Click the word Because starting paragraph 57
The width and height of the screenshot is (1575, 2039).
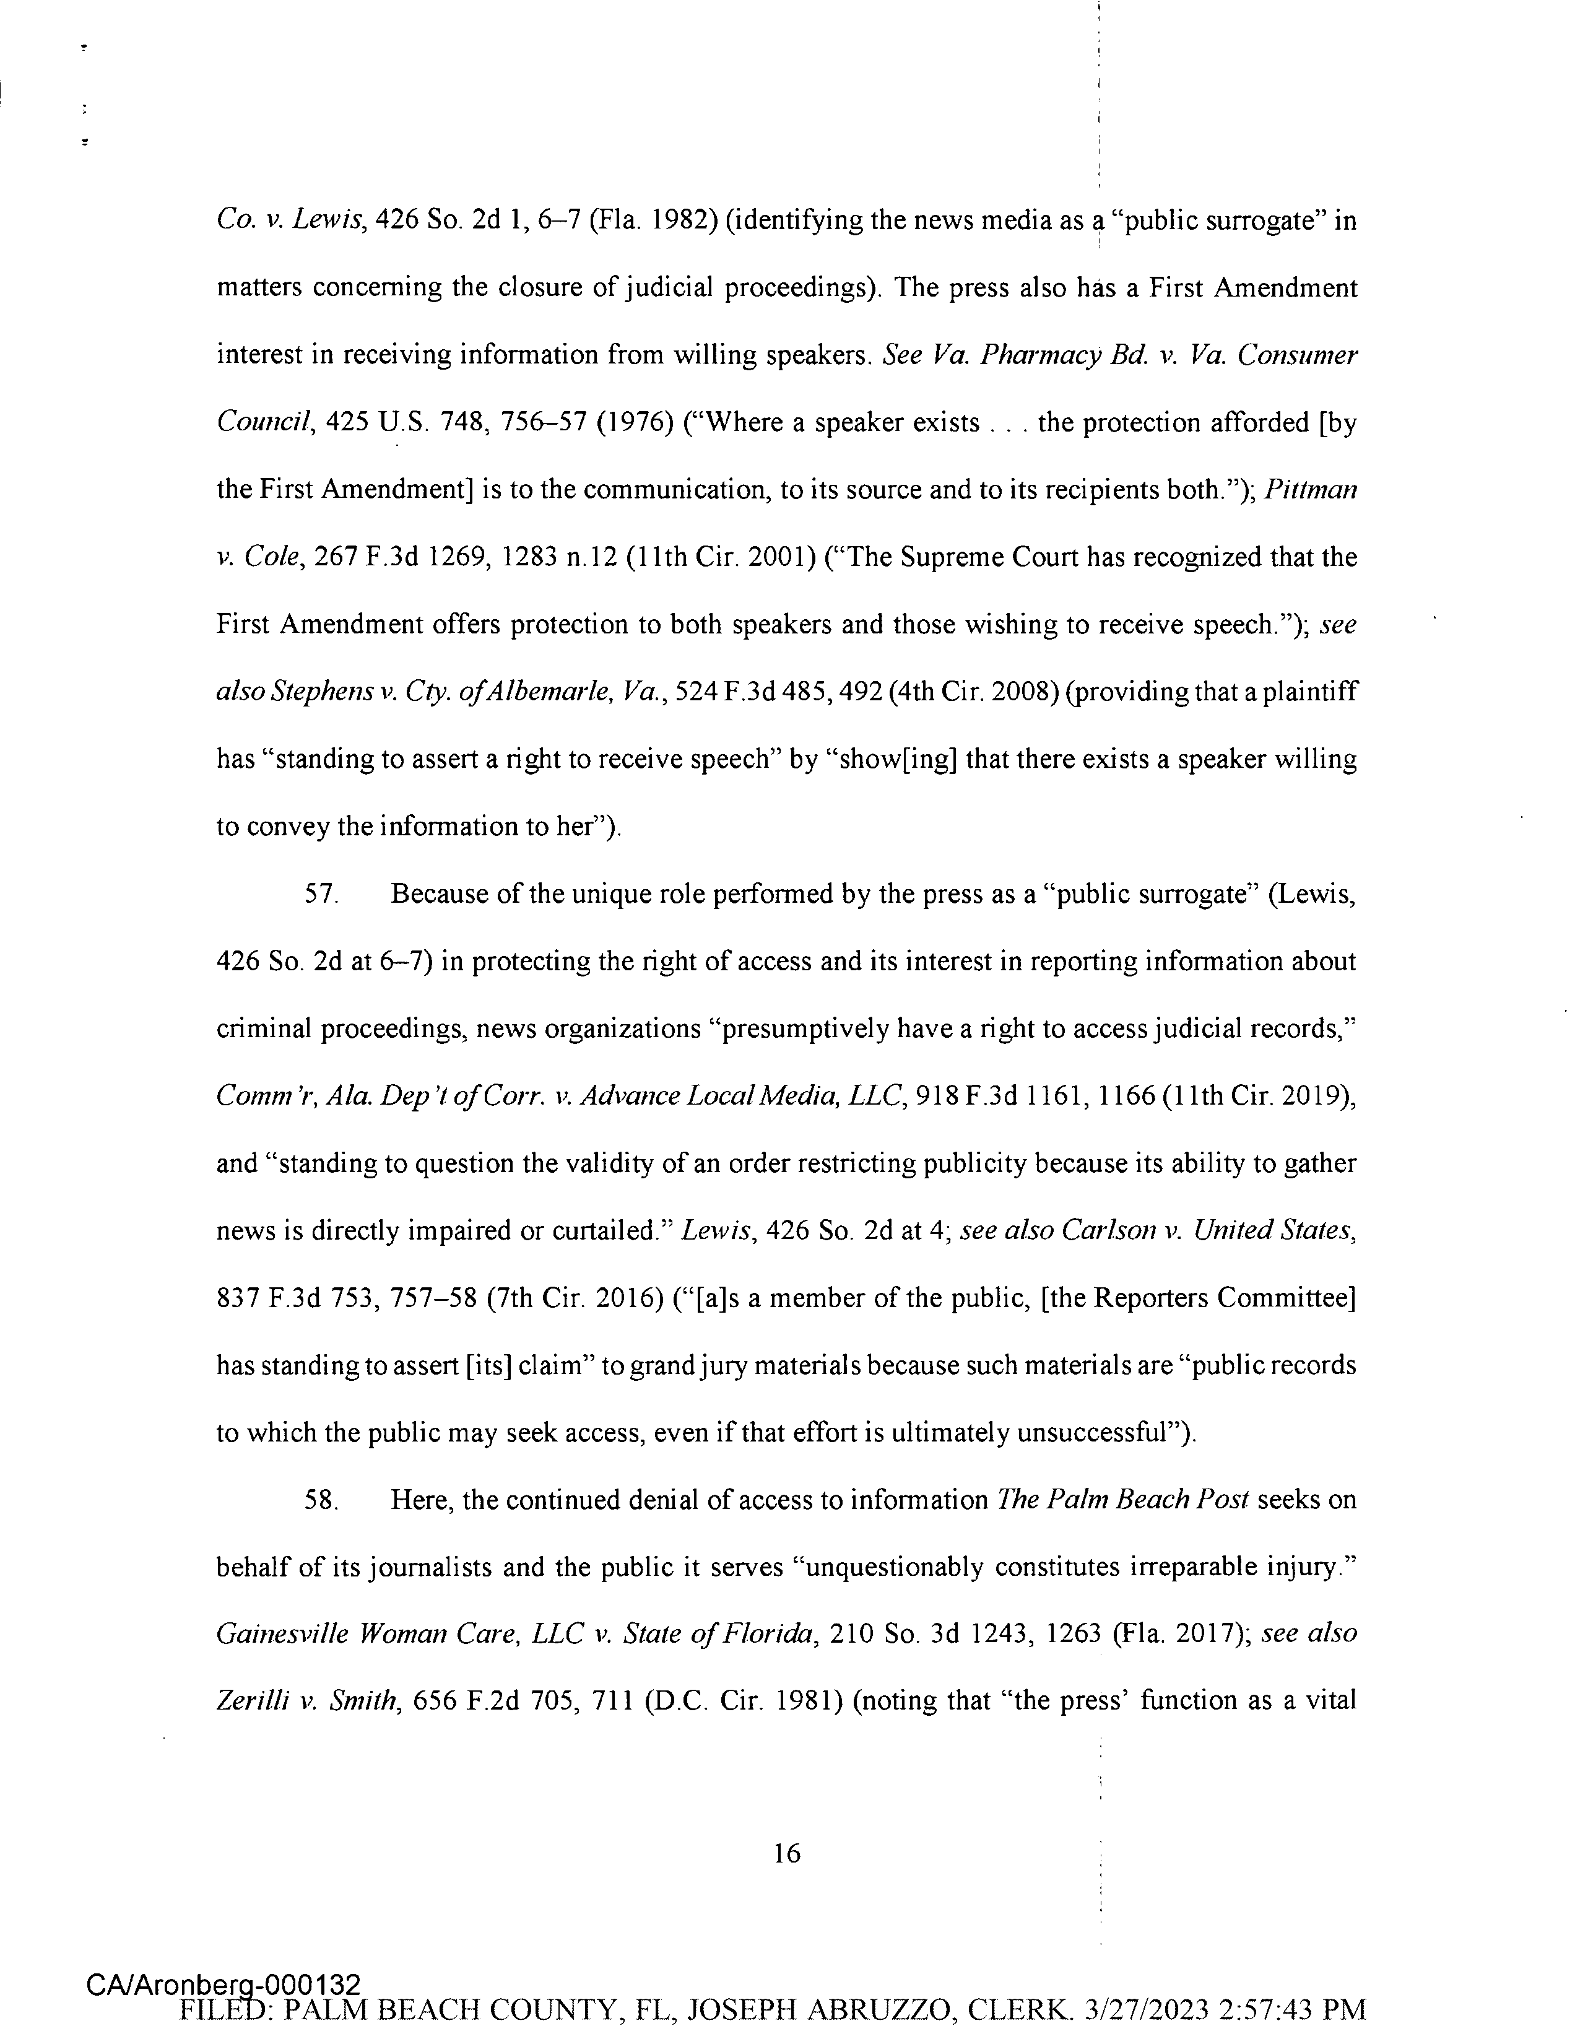click(440, 894)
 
